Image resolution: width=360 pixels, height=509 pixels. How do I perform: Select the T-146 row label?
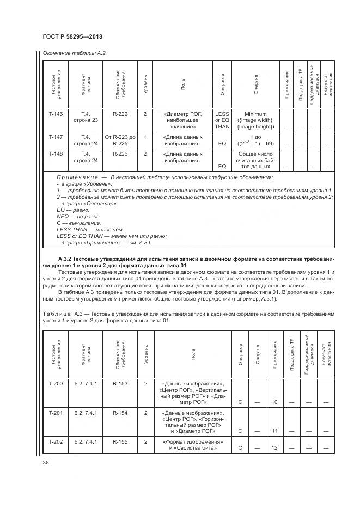coord(56,114)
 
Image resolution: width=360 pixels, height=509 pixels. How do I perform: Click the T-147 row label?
coord(56,137)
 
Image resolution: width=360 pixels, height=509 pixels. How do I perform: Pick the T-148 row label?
coord(56,154)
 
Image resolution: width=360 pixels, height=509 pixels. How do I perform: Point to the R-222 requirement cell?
coord(120,114)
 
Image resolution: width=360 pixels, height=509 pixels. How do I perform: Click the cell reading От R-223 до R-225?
coord(120,140)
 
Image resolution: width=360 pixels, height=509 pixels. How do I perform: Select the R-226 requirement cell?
coord(120,154)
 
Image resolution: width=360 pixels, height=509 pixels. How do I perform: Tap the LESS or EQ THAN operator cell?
coord(222,120)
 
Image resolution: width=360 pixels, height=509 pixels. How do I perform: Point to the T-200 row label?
coord(56,383)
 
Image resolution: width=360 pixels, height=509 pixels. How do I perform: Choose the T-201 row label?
coord(56,413)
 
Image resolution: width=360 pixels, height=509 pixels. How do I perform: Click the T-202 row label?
coord(56,441)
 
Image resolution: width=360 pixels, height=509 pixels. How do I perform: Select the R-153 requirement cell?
coord(120,383)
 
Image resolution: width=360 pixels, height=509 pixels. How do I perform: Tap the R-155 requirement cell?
coord(120,441)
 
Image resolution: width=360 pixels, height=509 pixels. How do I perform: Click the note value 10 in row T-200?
coord(274,402)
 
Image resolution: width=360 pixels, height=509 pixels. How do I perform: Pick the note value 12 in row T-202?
coord(274,447)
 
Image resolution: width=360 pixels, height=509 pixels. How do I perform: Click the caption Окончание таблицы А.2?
coord(70,53)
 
